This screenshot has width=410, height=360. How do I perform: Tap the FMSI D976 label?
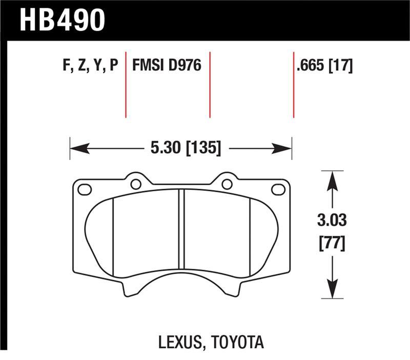167,66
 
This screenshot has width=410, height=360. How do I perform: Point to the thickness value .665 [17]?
324,66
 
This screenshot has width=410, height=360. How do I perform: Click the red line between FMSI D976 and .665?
210,85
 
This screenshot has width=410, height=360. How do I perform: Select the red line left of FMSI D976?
126,85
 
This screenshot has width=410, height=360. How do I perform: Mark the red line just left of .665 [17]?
294,85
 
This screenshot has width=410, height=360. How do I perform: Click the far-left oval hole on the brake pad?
84,190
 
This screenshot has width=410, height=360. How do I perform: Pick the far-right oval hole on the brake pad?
278,190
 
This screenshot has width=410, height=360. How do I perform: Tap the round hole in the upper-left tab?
136,184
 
